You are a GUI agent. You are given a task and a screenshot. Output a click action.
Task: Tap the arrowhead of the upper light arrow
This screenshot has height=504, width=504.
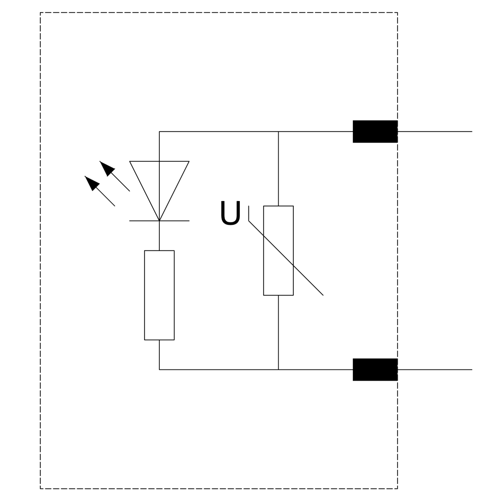(x=106, y=167)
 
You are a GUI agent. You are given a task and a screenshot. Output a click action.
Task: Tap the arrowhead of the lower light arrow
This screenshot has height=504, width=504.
(x=91, y=182)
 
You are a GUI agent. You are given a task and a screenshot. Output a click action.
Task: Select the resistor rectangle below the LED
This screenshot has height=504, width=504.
(x=159, y=295)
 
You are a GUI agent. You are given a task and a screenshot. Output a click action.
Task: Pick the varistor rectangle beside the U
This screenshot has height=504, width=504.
(x=278, y=250)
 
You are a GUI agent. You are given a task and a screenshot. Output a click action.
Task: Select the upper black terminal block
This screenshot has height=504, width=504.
(x=375, y=132)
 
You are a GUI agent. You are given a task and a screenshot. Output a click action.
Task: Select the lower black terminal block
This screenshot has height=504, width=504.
(x=375, y=369)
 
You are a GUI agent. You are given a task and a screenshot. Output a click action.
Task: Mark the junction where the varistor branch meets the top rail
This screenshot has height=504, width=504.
(x=278, y=132)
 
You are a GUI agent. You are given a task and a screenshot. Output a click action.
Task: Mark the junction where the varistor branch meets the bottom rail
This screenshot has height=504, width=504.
(x=278, y=369)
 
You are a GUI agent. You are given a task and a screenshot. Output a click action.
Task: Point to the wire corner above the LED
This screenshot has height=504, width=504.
(x=159, y=132)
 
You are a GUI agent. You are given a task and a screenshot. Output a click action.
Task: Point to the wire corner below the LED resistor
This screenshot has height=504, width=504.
(x=159, y=369)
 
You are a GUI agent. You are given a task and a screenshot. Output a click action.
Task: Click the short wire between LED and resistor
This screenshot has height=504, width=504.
(x=159, y=235)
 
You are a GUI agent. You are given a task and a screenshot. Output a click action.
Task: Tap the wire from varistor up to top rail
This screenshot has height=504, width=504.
(x=278, y=169)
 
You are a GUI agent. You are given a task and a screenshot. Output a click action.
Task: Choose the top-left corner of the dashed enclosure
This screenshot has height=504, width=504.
(x=40, y=13)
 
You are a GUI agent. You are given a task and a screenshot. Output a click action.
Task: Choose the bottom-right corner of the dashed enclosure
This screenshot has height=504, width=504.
(x=398, y=488)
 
